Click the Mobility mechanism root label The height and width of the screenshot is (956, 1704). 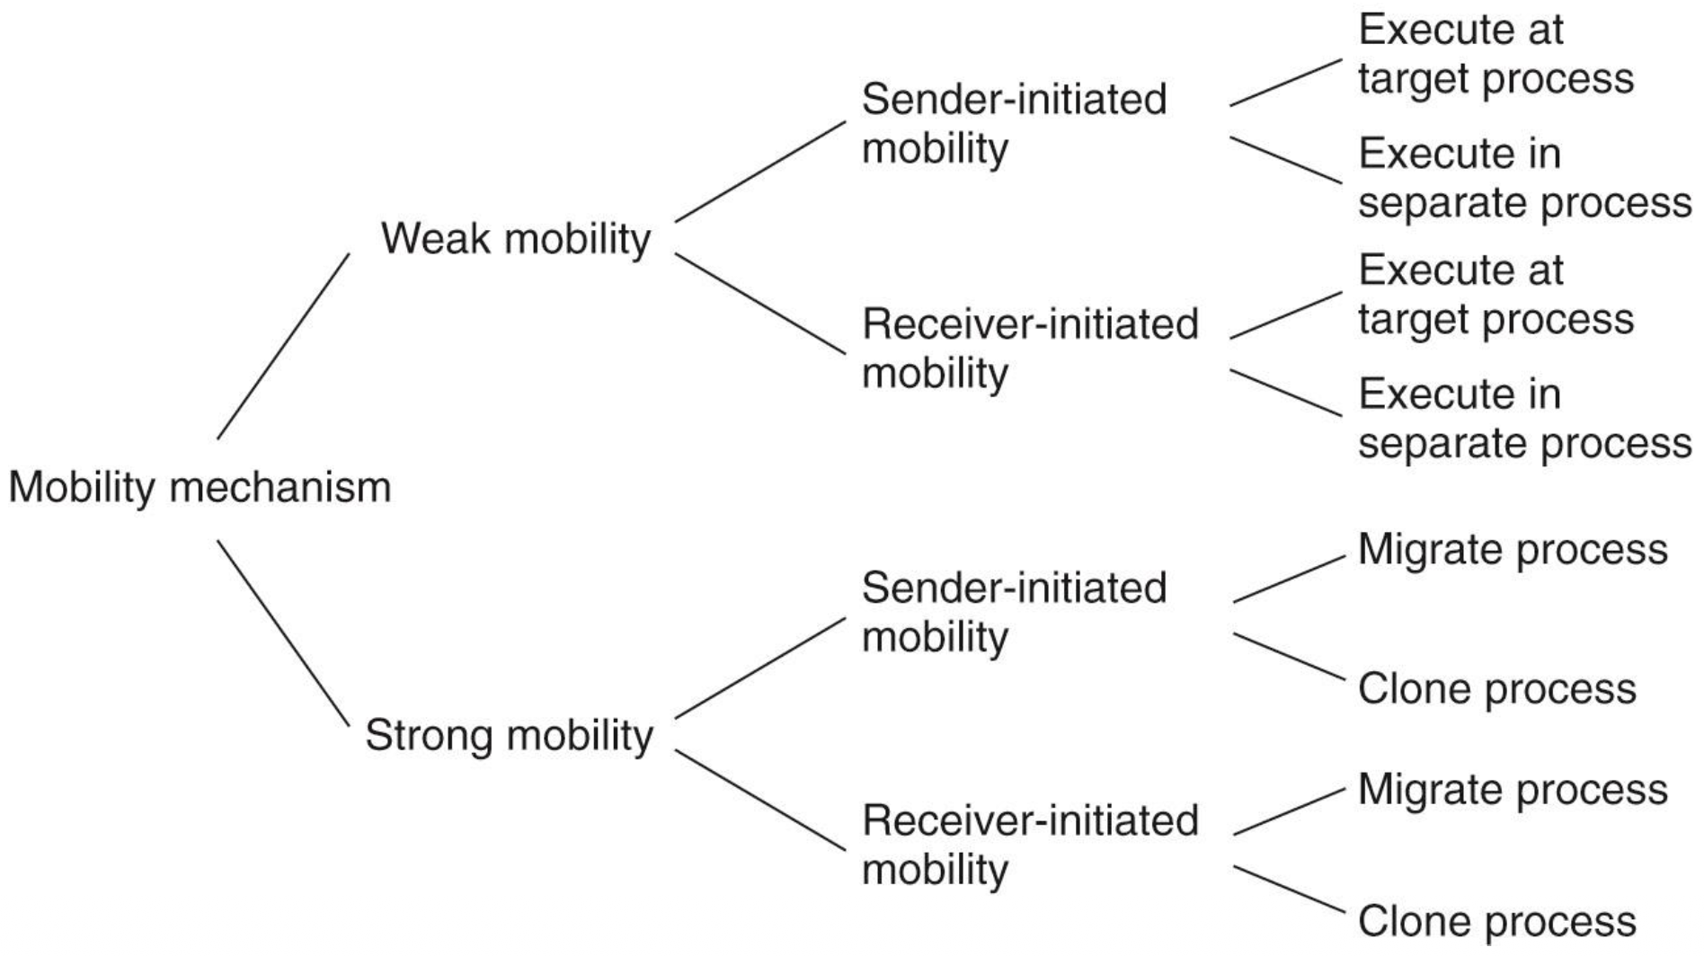pos(200,488)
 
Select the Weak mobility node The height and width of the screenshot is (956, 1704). pos(515,239)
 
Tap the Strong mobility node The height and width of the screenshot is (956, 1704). pos(509,735)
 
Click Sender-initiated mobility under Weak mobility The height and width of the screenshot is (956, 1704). pos(1014,123)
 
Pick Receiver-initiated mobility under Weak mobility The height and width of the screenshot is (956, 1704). pos(1030,348)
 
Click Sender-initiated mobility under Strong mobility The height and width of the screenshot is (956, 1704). pos(1014,612)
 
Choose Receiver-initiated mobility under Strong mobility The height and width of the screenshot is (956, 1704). pos(1030,844)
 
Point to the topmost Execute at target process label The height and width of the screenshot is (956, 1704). pos(1495,54)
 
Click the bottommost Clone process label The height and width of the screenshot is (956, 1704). pos(1496,921)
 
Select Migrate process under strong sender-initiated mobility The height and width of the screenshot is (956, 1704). pos(1512,549)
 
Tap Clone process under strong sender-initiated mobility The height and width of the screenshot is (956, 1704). pos(1496,689)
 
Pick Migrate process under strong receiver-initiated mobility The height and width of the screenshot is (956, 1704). pos(1512,790)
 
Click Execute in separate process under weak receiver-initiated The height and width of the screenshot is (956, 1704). pos(1523,419)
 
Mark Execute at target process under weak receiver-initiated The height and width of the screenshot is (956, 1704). pos(1495,295)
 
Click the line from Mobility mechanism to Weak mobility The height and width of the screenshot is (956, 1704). pos(283,346)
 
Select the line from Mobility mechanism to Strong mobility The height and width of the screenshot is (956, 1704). pos(283,633)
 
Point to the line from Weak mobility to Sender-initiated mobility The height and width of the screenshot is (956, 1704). pos(759,171)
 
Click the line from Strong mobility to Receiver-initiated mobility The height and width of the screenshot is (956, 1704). pos(759,800)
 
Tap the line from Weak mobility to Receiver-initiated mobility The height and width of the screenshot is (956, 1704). pos(759,304)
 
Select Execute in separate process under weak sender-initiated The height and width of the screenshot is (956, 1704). pos(1523,178)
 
